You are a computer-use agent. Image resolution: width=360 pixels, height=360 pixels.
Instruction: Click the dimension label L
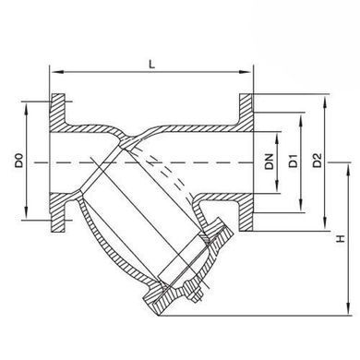point(151,65)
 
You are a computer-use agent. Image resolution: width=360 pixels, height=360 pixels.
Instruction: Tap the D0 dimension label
point(19,161)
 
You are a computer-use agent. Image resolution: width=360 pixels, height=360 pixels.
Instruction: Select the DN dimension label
point(270,162)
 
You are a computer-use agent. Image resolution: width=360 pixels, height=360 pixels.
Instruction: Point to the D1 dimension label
point(294,161)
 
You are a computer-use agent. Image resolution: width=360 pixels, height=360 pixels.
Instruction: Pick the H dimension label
point(341,239)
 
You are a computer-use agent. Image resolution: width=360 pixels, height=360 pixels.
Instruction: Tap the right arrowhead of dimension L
point(246,72)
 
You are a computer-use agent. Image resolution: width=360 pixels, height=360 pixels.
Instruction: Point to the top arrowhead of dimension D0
point(27,109)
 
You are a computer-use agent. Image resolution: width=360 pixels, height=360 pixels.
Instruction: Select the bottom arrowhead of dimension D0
point(27,213)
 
